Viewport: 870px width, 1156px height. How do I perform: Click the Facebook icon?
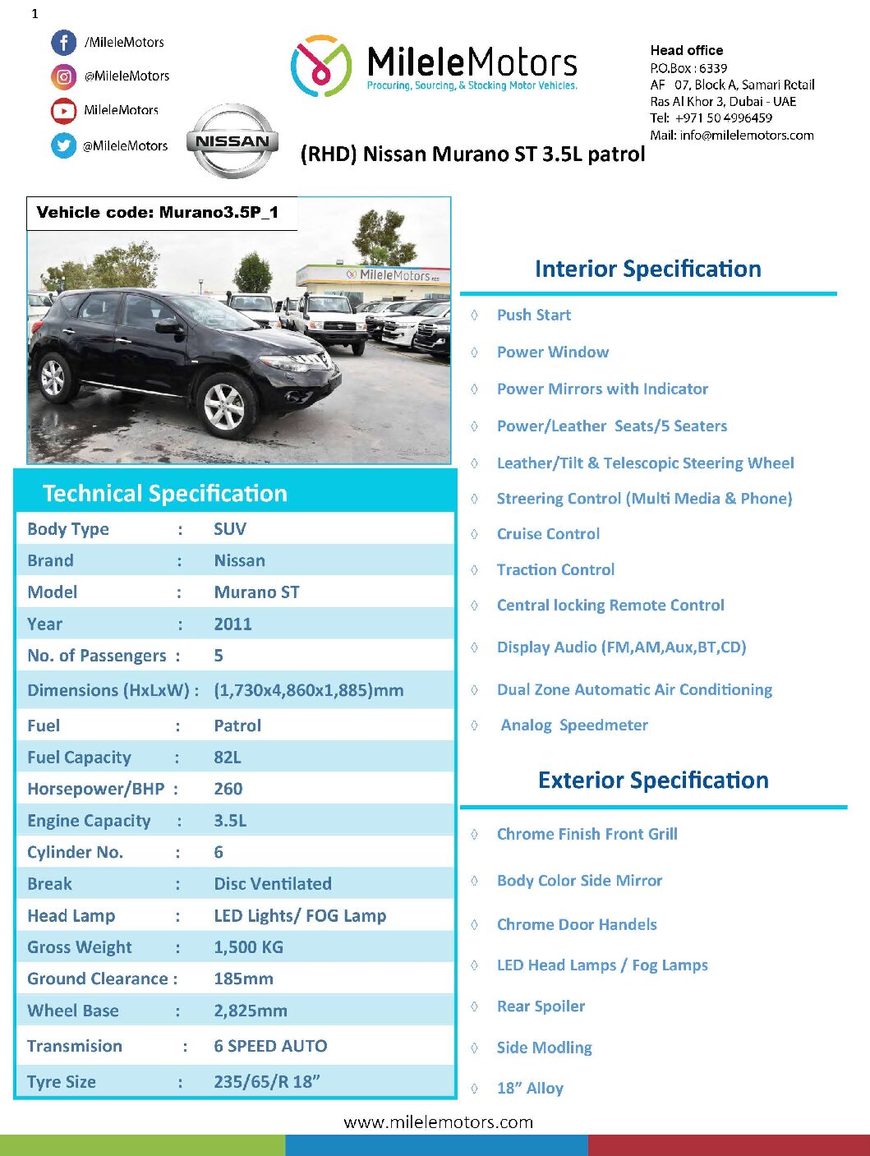pos(63,43)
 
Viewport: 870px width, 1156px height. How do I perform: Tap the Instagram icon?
pos(63,76)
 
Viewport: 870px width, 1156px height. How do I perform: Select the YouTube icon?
pos(63,110)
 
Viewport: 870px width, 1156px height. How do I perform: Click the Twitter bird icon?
pos(63,145)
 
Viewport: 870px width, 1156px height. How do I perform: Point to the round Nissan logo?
pos(232,141)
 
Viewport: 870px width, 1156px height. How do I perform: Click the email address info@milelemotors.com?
pos(746,136)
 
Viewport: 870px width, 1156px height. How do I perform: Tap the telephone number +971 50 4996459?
pos(723,118)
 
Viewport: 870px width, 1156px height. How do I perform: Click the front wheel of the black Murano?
pos(225,404)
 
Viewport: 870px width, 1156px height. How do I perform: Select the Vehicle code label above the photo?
pos(158,213)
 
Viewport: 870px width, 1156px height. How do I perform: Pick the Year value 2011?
pos(232,624)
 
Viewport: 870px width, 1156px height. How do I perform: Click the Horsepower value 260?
pos(228,789)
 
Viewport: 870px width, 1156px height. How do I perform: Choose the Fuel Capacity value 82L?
pos(227,758)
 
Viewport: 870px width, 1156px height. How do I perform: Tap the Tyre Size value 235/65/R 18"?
pos(266,1082)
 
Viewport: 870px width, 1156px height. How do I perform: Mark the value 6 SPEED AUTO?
pos(270,1046)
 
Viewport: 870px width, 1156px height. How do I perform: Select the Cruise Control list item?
pos(548,534)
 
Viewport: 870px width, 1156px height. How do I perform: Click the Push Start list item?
pos(533,315)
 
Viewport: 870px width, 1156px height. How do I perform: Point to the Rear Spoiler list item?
pos(541,1006)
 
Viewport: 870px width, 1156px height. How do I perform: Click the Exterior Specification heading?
pos(653,780)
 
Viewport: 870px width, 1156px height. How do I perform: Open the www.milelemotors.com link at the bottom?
pos(438,1122)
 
